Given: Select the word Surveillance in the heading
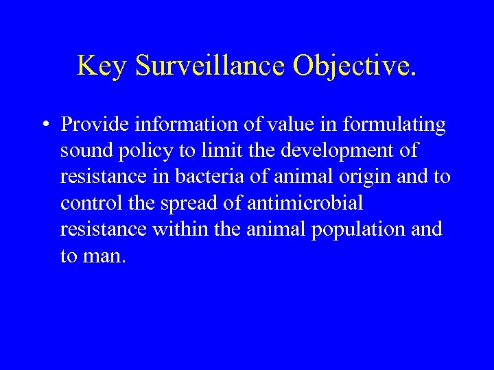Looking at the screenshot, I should tap(211, 66).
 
